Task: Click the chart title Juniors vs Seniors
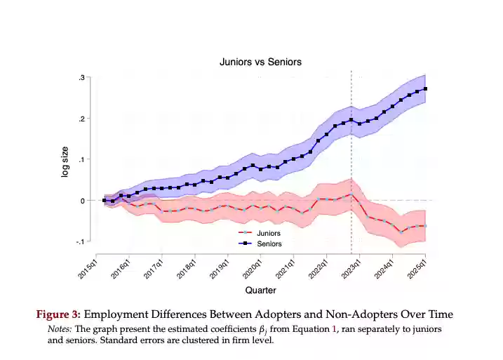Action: tap(260, 62)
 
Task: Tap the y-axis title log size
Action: tap(65, 161)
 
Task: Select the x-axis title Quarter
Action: tap(260, 290)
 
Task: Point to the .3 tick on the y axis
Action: tap(81, 77)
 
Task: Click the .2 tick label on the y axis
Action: tap(81, 119)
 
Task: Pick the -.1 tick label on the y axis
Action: tap(80, 242)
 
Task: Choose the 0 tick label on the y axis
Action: tap(83, 201)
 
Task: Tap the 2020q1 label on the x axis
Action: tap(252, 267)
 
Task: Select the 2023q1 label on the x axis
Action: tap(350, 267)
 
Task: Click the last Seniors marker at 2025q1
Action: tap(426, 89)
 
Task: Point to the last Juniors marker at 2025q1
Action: tap(426, 226)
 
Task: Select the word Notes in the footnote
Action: tap(60, 328)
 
